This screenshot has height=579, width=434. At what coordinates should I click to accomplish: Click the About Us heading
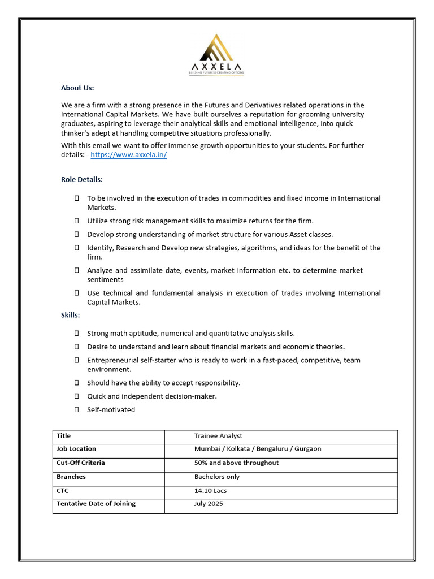tap(77, 88)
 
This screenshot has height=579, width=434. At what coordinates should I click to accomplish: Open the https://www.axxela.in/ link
tap(129, 155)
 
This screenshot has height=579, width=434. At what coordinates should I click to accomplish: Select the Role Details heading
tap(82, 179)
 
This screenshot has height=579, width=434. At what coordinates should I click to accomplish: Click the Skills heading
tap(71, 314)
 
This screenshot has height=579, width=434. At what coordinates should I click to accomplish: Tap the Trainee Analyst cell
tap(218, 436)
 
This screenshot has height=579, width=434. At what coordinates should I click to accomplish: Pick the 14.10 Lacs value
tap(210, 491)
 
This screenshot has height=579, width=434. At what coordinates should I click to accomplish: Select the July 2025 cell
tap(209, 504)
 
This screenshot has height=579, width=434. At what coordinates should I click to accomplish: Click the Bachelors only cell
tap(217, 477)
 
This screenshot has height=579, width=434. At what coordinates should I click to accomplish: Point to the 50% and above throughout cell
tap(236, 463)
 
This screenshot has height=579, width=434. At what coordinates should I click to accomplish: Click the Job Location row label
tap(76, 449)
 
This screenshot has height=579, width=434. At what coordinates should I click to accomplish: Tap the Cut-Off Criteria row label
tap(81, 463)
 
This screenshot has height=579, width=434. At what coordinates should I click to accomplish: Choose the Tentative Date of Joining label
tap(96, 504)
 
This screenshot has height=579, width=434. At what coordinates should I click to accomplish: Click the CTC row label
tap(63, 491)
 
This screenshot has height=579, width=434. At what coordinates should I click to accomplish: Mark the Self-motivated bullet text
tap(111, 410)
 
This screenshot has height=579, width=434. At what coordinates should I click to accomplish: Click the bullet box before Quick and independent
tap(76, 396)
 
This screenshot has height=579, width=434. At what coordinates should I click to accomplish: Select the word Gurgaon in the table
tap(307, 449)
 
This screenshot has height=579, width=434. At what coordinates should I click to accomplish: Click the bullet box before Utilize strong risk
tap(76, 221)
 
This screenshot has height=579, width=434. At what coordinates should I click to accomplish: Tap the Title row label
tap(64, 436)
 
